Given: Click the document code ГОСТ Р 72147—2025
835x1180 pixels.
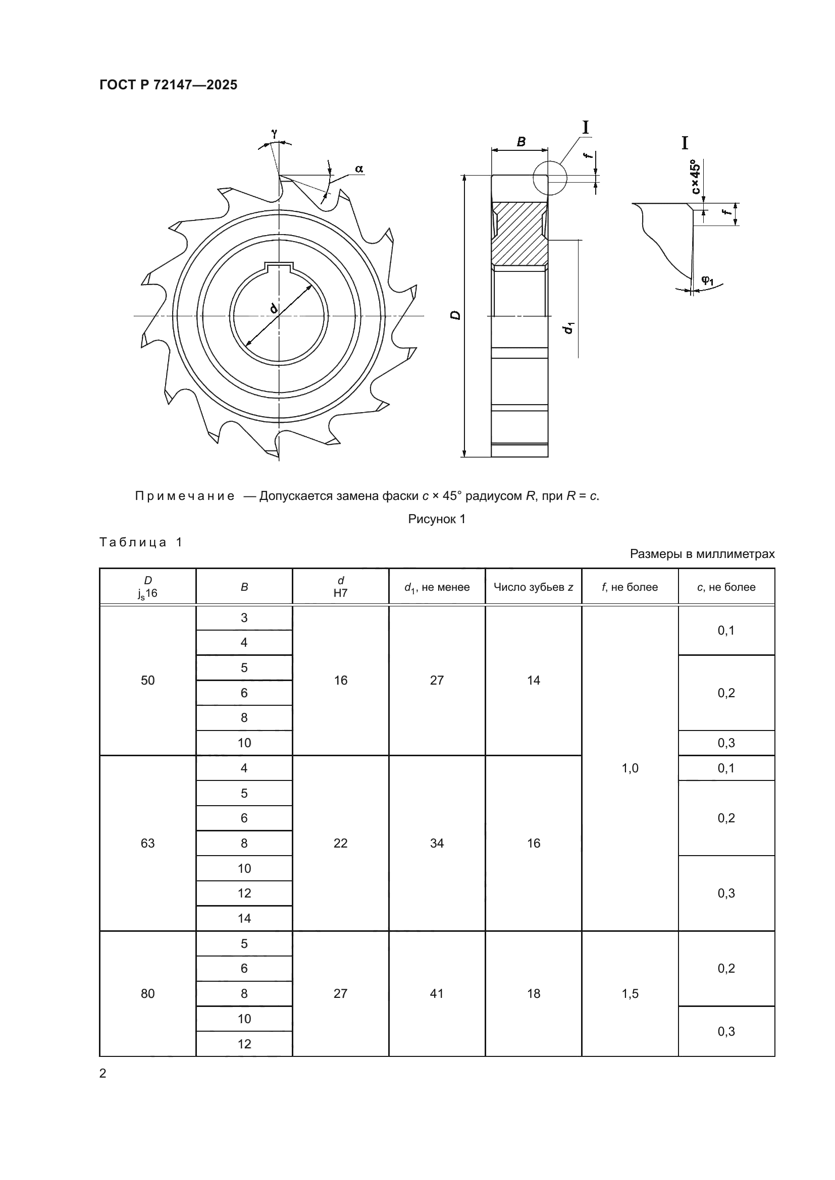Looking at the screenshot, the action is click(x=168, y=85).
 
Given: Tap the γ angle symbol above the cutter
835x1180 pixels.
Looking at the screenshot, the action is click(x=275, y=133).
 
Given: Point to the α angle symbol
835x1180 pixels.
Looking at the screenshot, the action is click(x=359, y=168).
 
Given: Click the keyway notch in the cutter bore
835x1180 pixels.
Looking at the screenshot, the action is click(x=279, y=267).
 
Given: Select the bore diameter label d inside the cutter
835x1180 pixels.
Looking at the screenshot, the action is click(x=274, y=308).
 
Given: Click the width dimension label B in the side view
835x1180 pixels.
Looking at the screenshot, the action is click(x=521, y=142).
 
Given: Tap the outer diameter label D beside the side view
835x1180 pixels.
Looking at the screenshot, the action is click(x=455, y=315).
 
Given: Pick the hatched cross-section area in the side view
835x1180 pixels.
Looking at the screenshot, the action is click(x=519, y=234).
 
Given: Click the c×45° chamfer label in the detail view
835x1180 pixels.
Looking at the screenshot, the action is click(x=695, y=177).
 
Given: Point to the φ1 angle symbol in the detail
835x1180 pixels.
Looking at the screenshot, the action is click(x=707, y=280).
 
